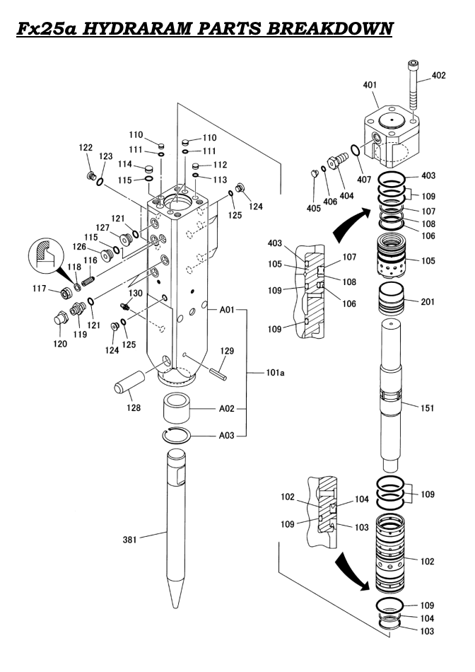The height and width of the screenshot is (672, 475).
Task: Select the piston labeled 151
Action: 389,396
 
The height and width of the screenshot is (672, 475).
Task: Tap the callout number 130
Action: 134,293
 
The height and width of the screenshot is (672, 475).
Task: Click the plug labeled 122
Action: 90,175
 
